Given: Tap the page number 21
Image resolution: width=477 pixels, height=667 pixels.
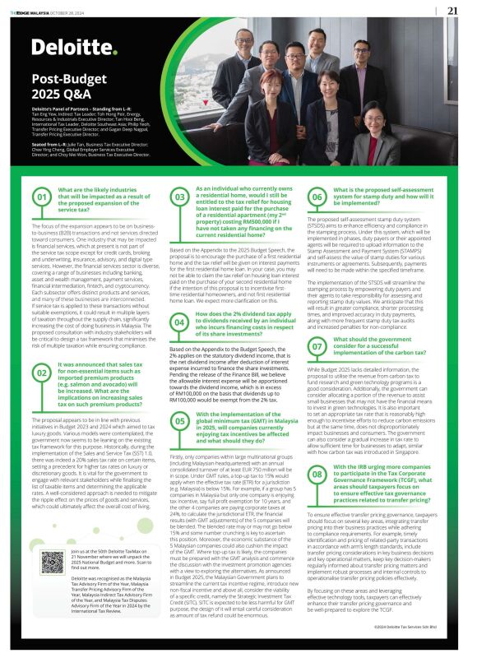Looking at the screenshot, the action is pyautogui.click(x=453, y=11).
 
